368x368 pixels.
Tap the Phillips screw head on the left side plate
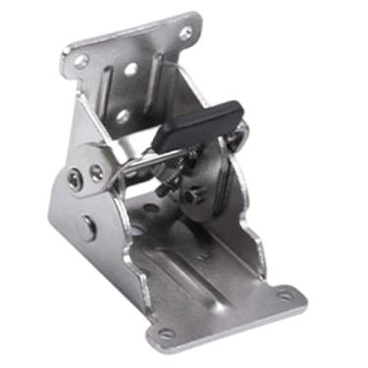(77, 178)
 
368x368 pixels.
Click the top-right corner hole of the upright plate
(185, 32)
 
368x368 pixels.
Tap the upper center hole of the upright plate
(131, 71)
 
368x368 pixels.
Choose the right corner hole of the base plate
(284, 293)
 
